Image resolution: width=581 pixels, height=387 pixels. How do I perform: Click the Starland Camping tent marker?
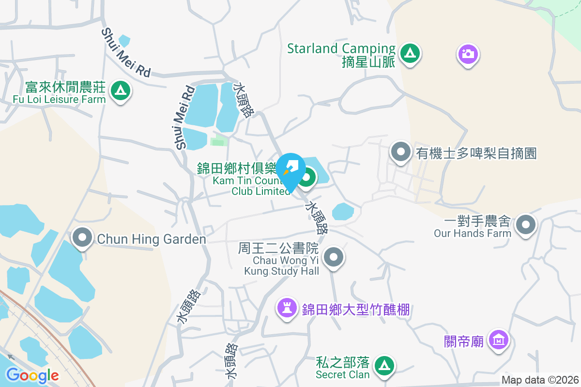coord(410,54)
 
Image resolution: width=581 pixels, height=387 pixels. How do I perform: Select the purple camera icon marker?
coord(468,54)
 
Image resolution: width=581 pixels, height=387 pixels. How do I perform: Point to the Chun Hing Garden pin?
coord(83,238)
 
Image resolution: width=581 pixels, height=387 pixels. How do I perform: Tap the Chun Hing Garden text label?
coord(152,239)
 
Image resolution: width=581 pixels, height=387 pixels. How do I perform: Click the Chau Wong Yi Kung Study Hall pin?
coord(333,257)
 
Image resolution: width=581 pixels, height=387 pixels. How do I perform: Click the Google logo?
coord(32,375)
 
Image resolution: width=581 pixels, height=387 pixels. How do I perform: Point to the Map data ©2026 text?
coord(540,380)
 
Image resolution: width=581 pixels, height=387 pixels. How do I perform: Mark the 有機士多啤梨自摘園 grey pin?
coord(400,152)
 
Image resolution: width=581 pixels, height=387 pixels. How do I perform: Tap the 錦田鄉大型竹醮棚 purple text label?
coord(356,310)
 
